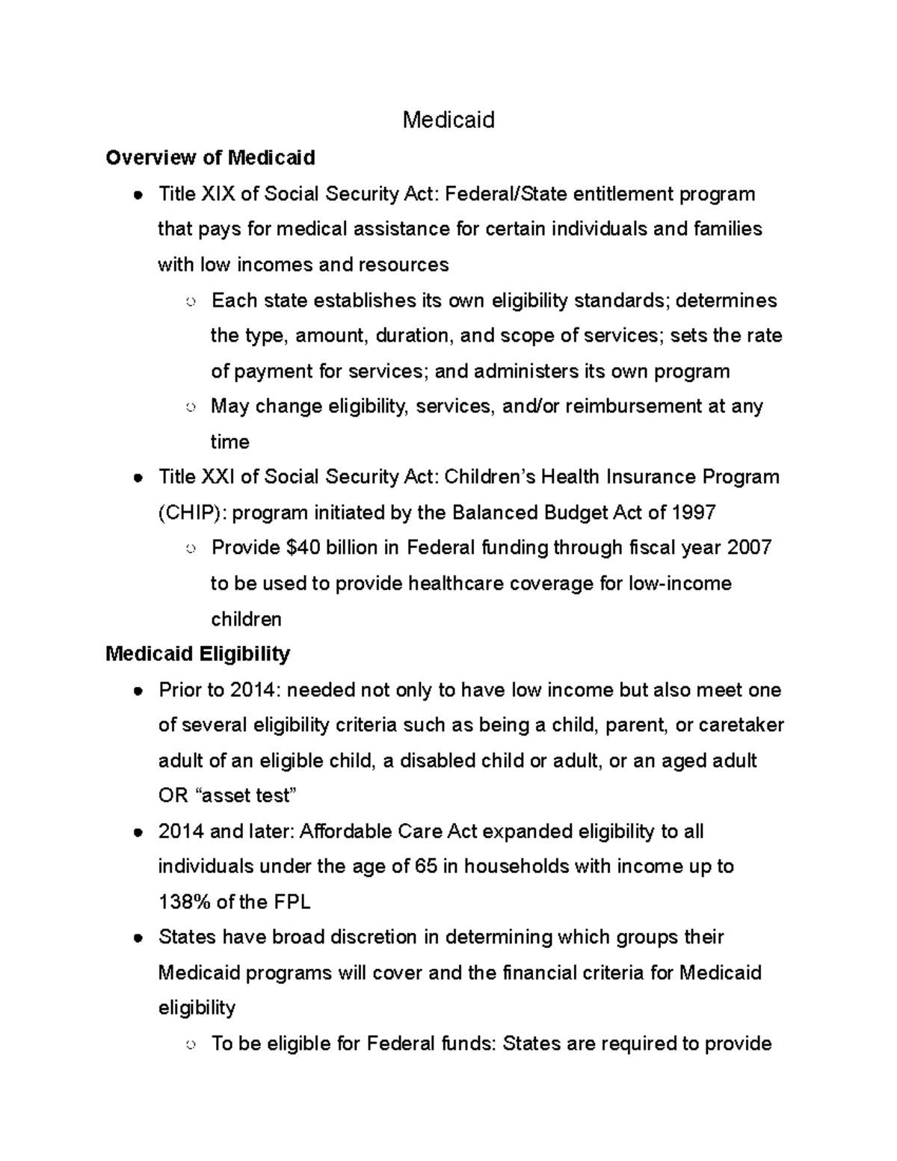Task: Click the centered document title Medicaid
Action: pyautogui.click(x=449, y=120)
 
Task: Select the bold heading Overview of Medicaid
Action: pyautogui.click(x=210, y=158)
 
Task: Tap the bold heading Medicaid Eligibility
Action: pyautogui.click(x=197, y=654)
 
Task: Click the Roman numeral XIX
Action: pyautogui.click(x=218, y=194)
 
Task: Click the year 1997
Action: pyautogui.click(x=694, y=513)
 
